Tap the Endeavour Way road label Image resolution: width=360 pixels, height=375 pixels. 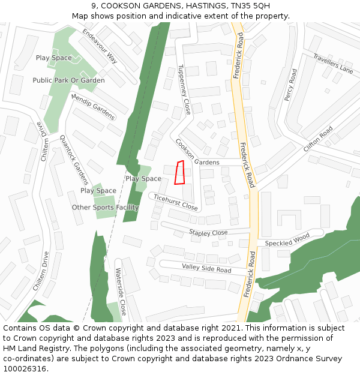click(100, 46)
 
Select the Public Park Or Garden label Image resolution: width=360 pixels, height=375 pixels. click(68, 80)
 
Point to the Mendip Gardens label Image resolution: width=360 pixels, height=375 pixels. click(93, 106)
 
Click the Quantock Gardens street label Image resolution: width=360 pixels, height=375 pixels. click(74, 159)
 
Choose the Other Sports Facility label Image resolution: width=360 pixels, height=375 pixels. click(105, 208)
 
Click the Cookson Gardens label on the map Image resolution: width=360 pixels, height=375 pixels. click(198, 153)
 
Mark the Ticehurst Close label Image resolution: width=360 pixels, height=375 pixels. click(175, 202)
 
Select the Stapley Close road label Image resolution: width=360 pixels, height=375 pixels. click(208, 232)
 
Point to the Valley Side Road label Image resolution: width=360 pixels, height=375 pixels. click(206, 268)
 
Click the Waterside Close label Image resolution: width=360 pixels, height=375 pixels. click(121, 292)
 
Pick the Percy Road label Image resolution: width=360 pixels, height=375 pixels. click(290, 85)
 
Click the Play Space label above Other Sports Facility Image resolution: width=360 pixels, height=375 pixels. click(98, 191)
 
